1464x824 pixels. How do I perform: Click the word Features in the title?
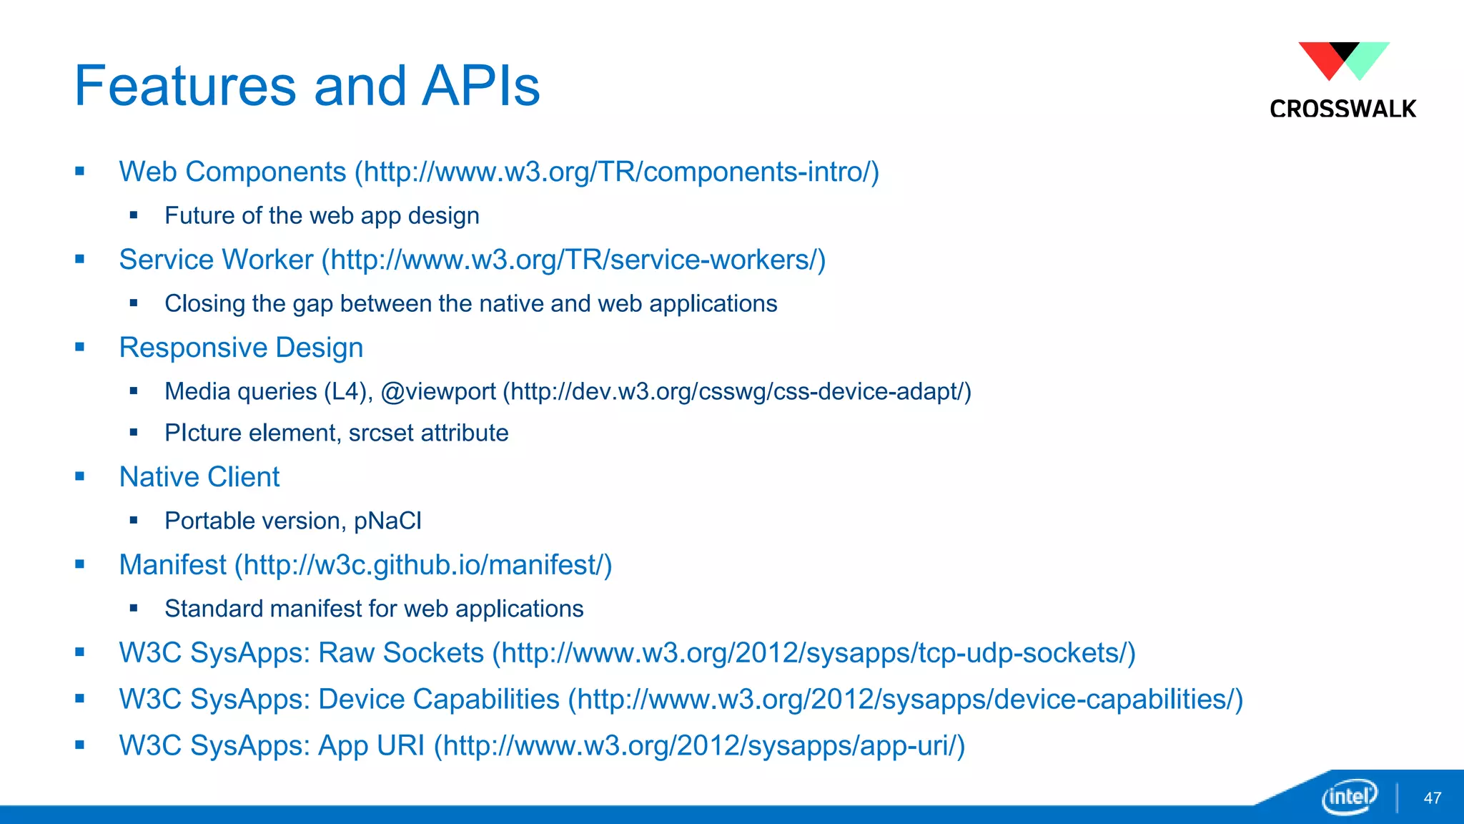185,87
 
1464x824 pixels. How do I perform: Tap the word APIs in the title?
480,87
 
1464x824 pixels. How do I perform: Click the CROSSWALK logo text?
1342,109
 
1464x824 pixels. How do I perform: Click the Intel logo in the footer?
1349,796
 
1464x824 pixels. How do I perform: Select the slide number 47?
1432,798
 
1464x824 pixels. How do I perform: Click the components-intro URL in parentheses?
620,172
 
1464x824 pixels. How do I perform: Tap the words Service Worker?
216,260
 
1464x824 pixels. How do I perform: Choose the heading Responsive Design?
241,348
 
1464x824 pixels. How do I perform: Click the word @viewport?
437,392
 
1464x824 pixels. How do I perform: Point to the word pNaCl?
387,521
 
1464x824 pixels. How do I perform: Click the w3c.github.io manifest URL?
427,566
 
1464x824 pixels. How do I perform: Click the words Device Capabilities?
438,700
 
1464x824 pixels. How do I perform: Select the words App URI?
371,746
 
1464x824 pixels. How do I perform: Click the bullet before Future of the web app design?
134,215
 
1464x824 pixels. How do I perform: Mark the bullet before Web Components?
80,172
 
